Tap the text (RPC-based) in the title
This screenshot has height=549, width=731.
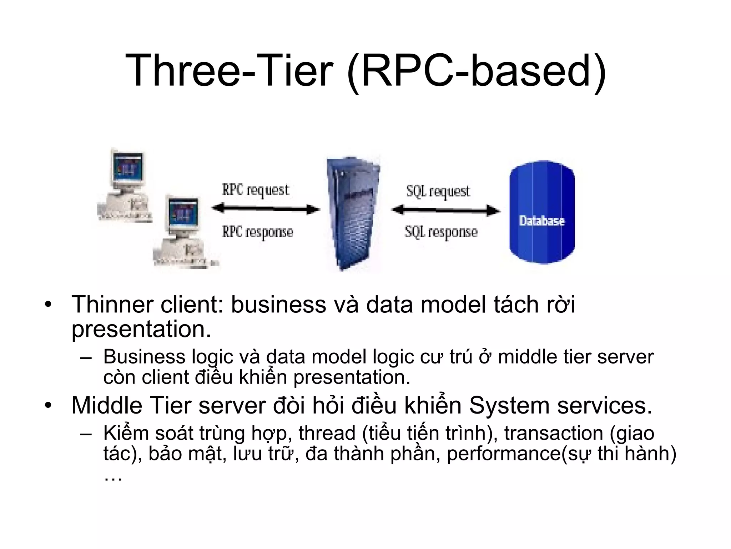477,71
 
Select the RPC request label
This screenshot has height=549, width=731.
256,190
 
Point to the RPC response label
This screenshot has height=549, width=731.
258,232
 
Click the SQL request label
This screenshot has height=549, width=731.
438,192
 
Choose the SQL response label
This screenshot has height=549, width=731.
441,232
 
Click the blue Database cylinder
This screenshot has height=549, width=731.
541,212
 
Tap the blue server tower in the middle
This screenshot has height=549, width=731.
352,213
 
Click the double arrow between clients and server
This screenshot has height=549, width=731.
266,209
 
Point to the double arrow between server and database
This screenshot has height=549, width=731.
445,210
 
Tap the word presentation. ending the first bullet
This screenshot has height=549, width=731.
141,329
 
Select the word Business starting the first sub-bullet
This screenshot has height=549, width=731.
144,357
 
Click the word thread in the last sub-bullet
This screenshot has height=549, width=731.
327,433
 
